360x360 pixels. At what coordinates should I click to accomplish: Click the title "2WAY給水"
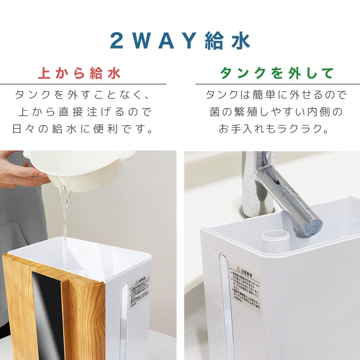(180, 41)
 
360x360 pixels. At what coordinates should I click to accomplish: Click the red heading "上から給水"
(79, 73)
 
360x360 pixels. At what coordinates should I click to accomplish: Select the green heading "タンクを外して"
(277, 73)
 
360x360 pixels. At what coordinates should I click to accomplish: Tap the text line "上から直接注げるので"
(85, 112)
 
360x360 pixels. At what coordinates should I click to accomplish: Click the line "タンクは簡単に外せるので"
(276, 94)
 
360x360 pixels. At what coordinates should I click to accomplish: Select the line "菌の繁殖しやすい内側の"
(276, 112)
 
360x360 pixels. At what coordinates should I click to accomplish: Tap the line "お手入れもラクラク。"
(274, 129)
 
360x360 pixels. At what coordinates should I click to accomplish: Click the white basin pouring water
(83, 167)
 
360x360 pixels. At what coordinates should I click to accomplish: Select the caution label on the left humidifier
(139, 292)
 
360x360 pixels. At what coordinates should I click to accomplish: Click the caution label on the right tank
(245, 286)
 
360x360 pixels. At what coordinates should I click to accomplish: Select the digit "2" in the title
(117, 41)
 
